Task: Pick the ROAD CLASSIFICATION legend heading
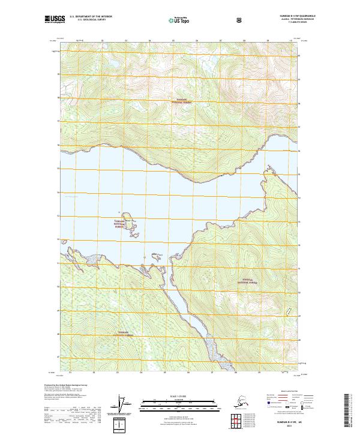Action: [x=284, y=390]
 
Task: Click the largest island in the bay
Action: [x=128, y=217]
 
